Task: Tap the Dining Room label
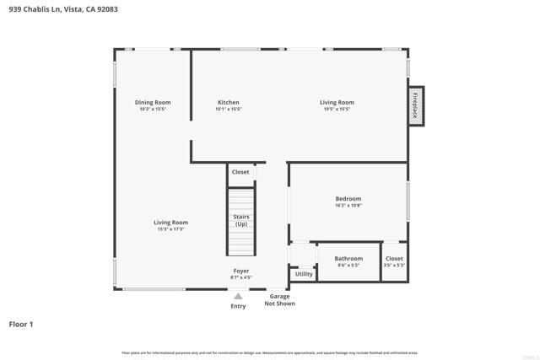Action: [153, 103]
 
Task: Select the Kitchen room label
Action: [228, 103]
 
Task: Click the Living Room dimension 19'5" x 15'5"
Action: [337, 110]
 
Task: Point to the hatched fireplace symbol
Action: [416, 106]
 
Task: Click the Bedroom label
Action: [348, 199]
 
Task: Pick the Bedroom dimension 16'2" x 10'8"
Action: [348, 206]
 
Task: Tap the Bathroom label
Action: [348, 259]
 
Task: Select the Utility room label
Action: [304, 274]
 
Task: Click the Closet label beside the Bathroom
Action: [394, 259]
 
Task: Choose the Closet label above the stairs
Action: [240, 172]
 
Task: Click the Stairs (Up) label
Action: [241, 220]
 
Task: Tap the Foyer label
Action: [241, 271]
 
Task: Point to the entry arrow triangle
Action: [239, 296]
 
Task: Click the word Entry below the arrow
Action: [239, 306]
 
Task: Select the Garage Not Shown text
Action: [279, 300]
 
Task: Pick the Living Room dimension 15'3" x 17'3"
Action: [170, 229]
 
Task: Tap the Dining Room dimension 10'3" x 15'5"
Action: [153, 110]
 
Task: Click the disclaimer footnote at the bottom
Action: [269, 352]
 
